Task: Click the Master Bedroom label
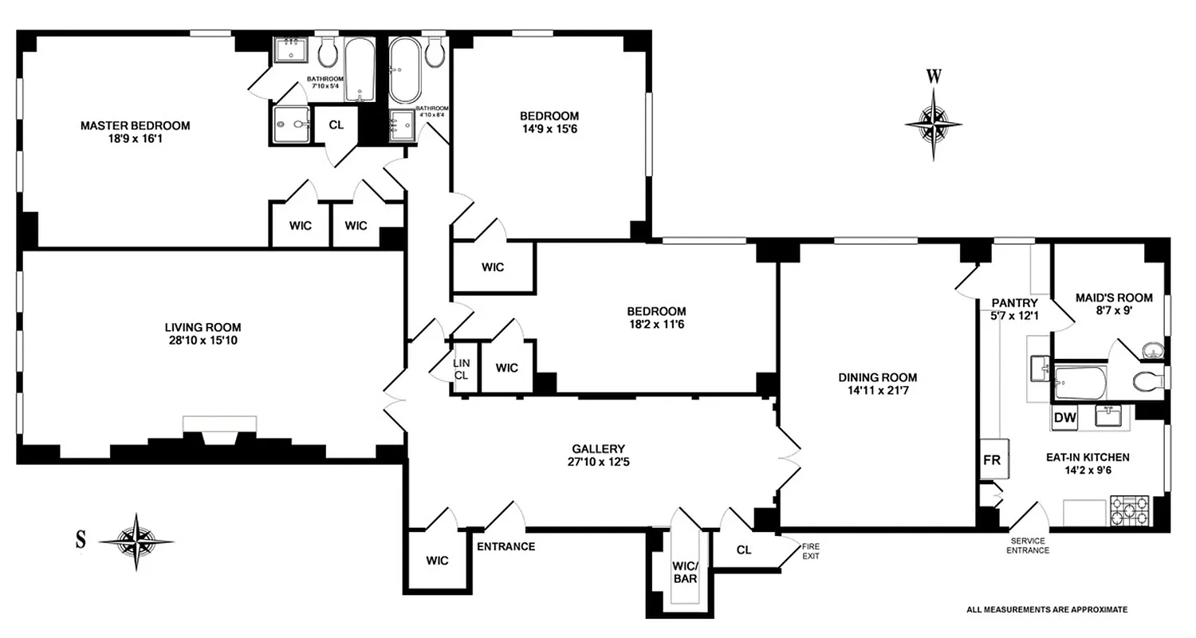tap(135, 125)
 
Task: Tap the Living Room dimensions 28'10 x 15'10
tap(203, 341)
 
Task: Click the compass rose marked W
tap(933, 123)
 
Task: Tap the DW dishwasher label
tap(1064, 418)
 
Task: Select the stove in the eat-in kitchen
tap(1130, 510)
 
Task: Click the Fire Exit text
tap(811, 550)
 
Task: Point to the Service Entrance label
tap(1029, 545)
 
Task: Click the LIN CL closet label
tap(461, 369)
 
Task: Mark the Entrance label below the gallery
tap(506, 546)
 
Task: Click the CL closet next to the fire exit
tap(744, 549)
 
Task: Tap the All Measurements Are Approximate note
tap(1047, 609)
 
